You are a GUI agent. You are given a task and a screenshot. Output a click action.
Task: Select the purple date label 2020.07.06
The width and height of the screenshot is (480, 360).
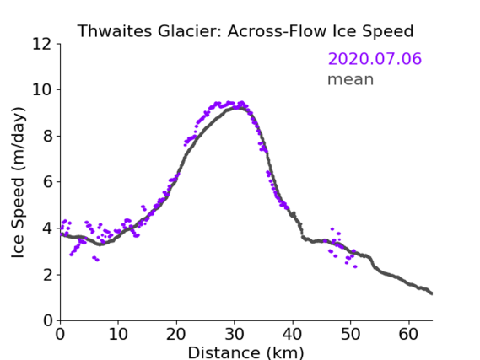(375, 59)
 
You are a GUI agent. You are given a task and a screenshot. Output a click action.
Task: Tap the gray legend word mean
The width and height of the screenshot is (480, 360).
(351, 79)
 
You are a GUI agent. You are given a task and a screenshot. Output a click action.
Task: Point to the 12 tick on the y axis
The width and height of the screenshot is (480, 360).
(42, 44)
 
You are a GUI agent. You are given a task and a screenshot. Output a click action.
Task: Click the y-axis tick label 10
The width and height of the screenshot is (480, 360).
(42, 90)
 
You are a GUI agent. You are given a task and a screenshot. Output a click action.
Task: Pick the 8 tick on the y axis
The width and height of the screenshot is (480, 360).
(47, 136)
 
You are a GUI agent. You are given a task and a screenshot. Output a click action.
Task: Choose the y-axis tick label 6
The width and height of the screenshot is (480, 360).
(47, 182)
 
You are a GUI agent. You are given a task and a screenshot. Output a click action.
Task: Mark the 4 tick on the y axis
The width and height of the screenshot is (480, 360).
(47, 228)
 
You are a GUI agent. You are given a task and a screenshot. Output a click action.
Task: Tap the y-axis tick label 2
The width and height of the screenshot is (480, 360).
(47, 275)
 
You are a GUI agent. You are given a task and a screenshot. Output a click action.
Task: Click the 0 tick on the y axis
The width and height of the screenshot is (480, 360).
(47, 321)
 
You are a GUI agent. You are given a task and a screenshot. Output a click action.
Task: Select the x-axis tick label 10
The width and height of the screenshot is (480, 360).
(118, 334)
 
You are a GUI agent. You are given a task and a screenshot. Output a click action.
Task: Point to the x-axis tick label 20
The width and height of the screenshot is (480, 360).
(176, 334)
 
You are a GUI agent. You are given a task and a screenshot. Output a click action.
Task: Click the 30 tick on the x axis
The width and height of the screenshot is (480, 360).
(235, 334)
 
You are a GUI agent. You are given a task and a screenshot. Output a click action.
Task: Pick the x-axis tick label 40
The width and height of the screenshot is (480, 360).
(293, 334)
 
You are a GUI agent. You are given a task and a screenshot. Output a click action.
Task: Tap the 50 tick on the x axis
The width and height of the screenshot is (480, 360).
(351, 334)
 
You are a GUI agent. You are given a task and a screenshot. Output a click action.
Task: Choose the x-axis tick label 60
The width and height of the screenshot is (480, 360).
(409, 334)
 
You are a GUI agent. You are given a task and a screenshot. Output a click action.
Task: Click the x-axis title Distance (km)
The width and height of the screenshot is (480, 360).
(245, 353)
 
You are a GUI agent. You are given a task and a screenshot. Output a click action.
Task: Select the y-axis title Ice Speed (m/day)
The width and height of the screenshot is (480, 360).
(18, 182)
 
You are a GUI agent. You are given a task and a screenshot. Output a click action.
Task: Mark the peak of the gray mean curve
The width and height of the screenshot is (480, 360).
(239, 107)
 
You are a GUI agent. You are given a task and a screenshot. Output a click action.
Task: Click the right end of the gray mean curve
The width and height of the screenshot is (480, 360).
(432, 293)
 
